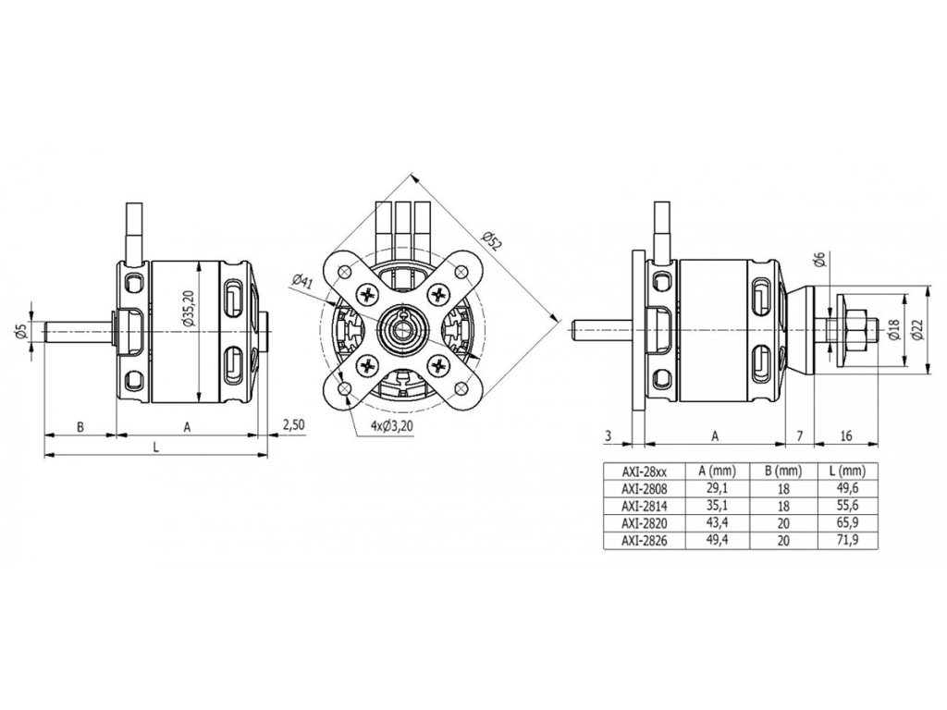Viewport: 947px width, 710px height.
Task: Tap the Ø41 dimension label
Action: (301, 284)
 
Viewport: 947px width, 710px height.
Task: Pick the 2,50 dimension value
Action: (293, 424)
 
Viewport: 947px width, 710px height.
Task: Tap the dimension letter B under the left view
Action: (80, 426)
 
